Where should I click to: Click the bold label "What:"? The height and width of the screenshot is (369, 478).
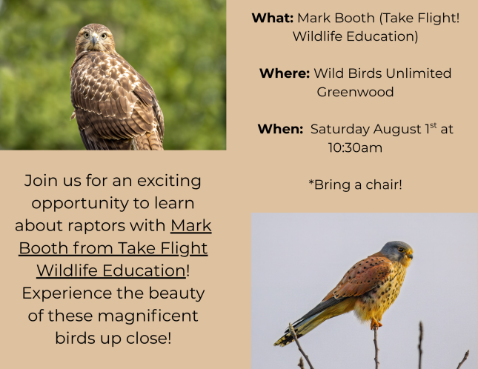273,18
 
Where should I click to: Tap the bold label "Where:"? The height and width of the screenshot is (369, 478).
285,73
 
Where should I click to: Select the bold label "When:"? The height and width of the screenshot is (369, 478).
280,129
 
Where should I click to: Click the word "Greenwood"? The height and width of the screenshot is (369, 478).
355,92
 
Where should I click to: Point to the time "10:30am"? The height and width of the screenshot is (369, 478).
355,147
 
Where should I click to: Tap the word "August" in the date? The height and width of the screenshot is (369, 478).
397,130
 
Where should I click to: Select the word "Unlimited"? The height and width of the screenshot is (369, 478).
418,73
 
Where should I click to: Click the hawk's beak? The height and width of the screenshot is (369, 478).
95,40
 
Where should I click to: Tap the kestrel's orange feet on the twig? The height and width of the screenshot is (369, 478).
376,324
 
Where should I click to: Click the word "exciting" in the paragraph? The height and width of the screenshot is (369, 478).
169,181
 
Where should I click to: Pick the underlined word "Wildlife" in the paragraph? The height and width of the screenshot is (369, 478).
67,270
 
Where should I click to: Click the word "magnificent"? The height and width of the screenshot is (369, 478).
148,316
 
